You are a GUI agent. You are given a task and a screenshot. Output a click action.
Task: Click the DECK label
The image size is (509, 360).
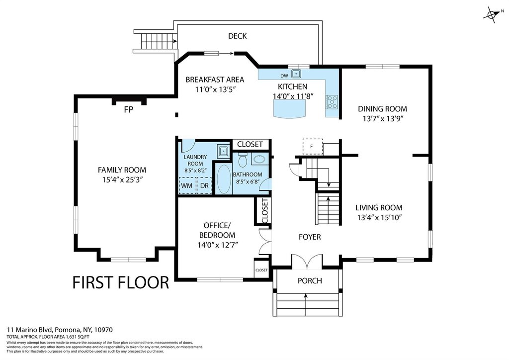[x=237, y=36]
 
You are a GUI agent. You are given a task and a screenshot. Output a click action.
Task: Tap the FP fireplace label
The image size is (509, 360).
[x=129, y=110]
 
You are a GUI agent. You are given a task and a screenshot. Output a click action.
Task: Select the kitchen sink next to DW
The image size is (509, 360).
[x=296, y=74]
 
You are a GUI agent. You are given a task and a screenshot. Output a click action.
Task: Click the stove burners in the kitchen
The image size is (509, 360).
[x=332, y=101]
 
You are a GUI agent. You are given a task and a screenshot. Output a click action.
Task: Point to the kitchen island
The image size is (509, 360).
[x=290, y=108]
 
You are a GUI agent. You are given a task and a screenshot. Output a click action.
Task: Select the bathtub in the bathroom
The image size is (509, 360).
[x=223, y=179]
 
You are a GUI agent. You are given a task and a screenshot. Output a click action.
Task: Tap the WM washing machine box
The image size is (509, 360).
[x=187, y=185]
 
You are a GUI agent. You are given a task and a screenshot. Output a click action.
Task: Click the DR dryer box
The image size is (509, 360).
[x=204, y=185]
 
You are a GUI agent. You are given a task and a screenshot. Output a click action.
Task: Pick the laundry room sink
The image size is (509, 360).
[x=223, y=151]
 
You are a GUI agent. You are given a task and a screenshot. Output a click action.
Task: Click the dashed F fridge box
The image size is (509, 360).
[x=312, y=147]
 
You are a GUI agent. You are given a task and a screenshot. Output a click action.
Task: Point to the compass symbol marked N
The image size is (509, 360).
[x=492, y=14]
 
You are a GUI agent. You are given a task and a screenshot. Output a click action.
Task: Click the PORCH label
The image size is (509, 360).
[x=310, y=281]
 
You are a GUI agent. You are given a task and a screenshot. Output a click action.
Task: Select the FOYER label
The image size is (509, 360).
[x=310, y=237]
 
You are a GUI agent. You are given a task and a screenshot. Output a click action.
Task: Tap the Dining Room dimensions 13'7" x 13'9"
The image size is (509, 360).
[x=383, y=119]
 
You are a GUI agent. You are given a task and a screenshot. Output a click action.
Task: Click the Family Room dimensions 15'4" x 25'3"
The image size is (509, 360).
[x=122, y=180]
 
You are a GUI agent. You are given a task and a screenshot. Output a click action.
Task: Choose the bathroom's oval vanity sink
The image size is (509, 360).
[x=259, y=160]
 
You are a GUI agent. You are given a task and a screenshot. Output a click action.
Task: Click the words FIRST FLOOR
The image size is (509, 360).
[x=120, y=282]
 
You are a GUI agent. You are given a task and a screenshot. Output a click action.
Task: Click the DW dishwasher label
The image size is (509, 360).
[x=284, y=76]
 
